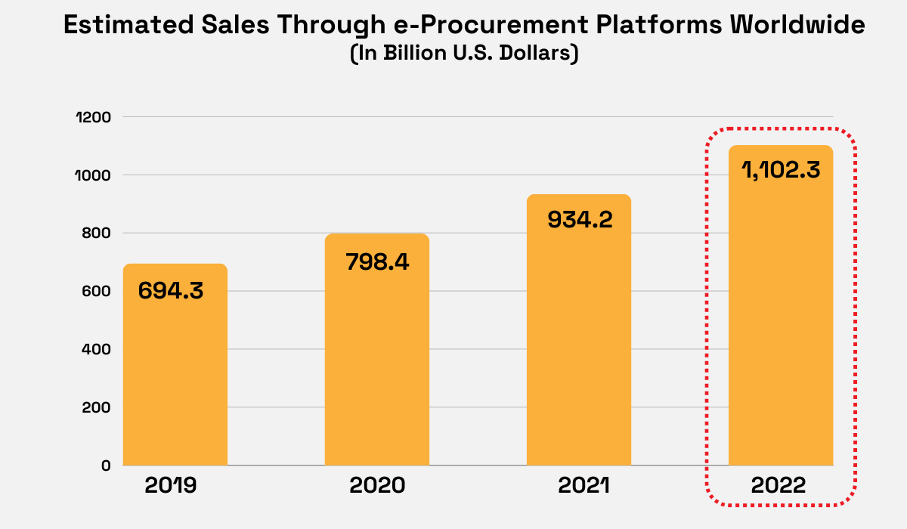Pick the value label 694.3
pos(171,291)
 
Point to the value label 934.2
pos(578,220)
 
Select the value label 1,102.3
pos(780,170)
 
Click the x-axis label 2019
pos(171,485)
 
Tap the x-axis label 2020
pos(376,485)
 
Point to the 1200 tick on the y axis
pos(94,117)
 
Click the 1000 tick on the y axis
pos(94,175)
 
